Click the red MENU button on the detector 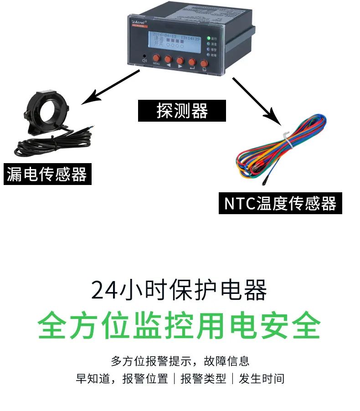pos(156,58)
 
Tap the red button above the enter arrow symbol pos(192,61)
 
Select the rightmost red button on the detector pos(204,63)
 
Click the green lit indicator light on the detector pos(208,38)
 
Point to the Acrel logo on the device pos(138,22)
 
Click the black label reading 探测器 pos(182,111)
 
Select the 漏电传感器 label pos(47,174)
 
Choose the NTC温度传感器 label pos(280,203)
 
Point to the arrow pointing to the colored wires pos(255,100)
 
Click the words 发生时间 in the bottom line pos(262,379)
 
